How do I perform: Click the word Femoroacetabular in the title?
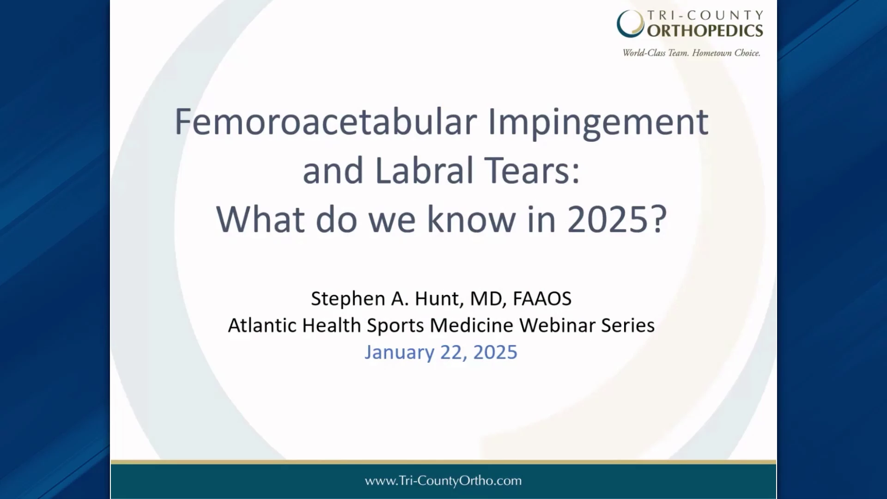[x=326, y=122]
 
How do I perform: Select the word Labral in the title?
[x=424, y=170]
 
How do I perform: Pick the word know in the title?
[x=471, y=219]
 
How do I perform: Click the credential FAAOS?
[x=542, y=298]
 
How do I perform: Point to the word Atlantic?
[x=262, y=325]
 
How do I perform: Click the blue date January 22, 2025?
[x=441, y=353]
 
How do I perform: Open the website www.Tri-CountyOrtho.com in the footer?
[x=443, y=481]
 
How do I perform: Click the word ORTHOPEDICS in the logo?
[x=705, y=31]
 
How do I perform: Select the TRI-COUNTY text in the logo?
[x=705, y=16]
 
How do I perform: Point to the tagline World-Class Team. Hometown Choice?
[x=692, y=53]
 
